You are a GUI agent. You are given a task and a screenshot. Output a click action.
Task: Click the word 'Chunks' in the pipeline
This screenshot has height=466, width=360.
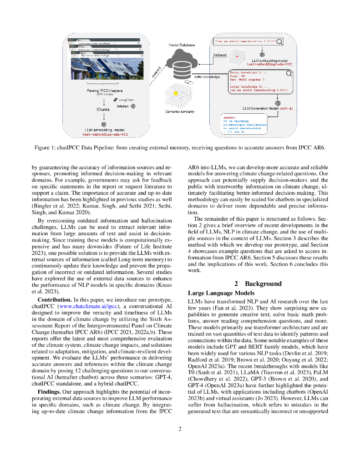click(x=103, y=110)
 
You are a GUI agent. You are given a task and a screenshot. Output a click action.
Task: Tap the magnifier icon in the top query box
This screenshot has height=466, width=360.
click(x=281, y=42)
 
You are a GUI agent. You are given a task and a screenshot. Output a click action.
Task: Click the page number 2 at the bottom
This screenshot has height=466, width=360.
click(x=180, y=429)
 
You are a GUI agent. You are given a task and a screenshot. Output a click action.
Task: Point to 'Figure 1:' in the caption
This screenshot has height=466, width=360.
click(x=48, y=147)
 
